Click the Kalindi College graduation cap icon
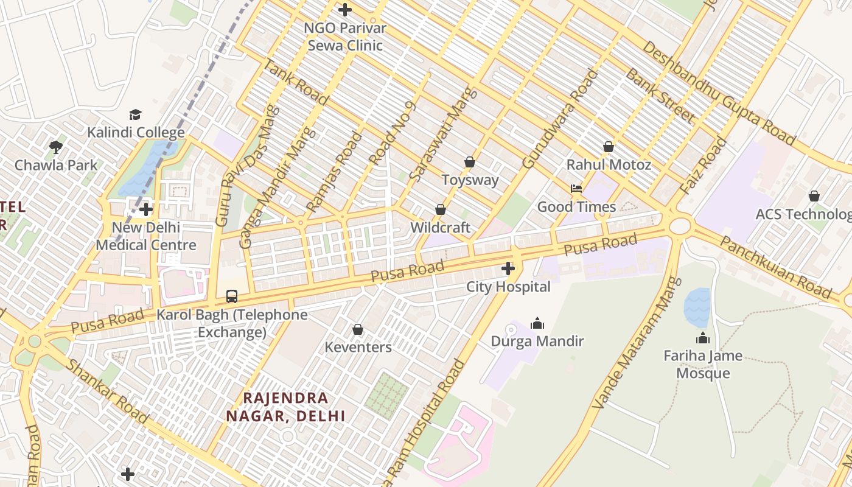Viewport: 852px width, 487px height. pos(135,114)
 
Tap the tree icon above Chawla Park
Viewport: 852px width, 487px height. pos(56,147)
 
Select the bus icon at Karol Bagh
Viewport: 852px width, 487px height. pos(232,296)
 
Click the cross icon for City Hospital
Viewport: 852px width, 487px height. pos(508,268)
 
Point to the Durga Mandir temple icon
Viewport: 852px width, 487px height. pos(537,323)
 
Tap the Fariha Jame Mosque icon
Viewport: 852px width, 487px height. pos(703,338)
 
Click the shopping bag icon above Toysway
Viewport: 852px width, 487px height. pos(470,162)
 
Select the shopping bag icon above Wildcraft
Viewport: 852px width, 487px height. pos(441,209)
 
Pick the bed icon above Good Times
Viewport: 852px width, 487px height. pos(576,188)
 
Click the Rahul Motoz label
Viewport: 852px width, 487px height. pos(609,165)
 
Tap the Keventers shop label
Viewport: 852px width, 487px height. pos(358,348)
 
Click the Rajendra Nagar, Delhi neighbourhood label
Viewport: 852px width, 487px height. pos(285,407)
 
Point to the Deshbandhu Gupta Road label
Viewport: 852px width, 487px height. pos(718,93)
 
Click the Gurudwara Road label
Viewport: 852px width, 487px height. pos(560,119)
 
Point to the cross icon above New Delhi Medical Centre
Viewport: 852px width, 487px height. pos(146,210)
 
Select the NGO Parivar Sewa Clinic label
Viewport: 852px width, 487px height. pos(345,37)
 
